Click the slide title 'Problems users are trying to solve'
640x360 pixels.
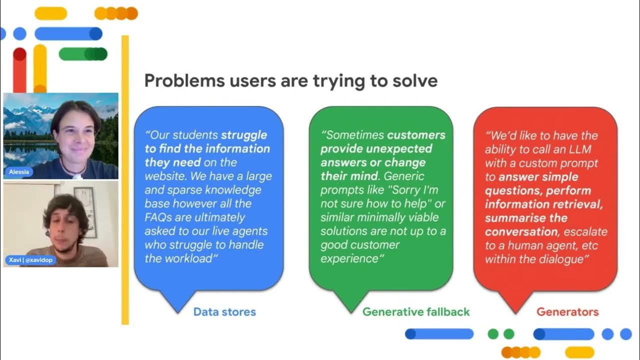290,80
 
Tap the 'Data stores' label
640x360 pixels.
224,312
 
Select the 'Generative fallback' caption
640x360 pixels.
416,312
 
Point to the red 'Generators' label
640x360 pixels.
567,312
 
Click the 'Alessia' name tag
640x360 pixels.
19,172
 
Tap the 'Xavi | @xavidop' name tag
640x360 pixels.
30,260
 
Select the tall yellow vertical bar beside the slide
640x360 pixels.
125,180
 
